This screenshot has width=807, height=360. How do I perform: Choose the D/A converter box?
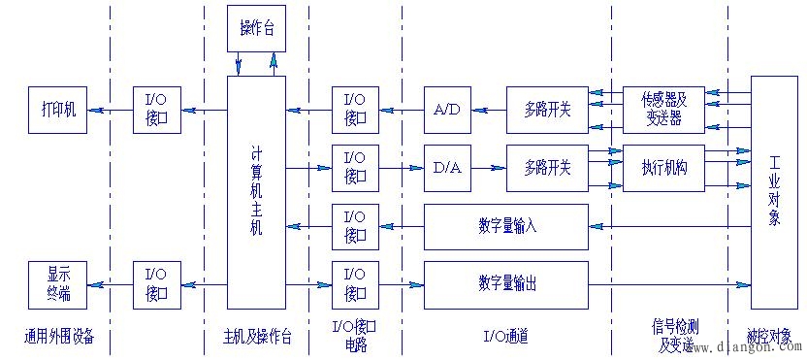[x=447, y=168]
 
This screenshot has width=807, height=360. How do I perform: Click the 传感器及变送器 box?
[x=662, y=109]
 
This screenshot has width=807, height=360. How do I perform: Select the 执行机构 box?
[x=662, y=168]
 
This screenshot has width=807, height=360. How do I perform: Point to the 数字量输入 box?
[x=506, y=226]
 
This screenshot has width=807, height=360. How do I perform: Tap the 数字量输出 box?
[x=506, y=284]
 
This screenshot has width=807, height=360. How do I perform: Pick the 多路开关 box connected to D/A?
[x=546, y=168]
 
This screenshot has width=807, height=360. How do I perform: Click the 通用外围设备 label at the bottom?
[x=65, y=337]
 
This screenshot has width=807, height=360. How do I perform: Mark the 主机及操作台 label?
[x=255, y=337]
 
